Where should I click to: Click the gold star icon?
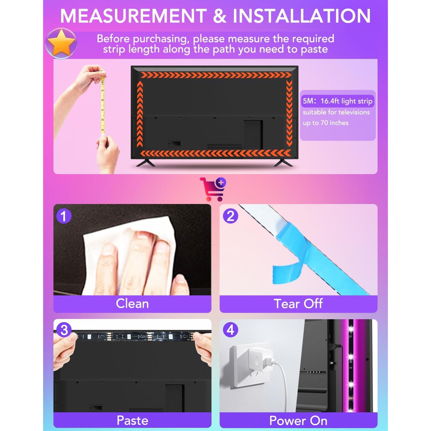pos(61,44)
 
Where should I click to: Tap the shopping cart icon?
pos(213,189)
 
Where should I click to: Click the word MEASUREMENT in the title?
pos(133,16)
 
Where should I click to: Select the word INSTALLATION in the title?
pos(302,16)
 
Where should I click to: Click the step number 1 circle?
pos(64,216)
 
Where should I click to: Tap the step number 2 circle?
pos(230,216)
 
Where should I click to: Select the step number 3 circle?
pos(64,330)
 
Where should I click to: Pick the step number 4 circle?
pos(230,330)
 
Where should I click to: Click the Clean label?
pos(132,304)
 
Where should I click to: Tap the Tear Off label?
pos(298,304)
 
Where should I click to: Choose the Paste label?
pos(132,420)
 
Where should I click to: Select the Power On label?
pos(298,421)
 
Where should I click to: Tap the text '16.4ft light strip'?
pos(346,101)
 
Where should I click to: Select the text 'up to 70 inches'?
pos(326,123)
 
